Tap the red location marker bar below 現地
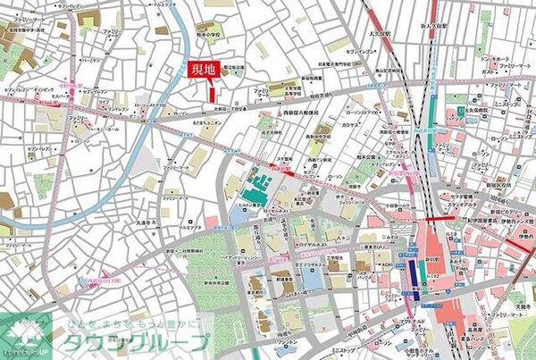tap(212, 90)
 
